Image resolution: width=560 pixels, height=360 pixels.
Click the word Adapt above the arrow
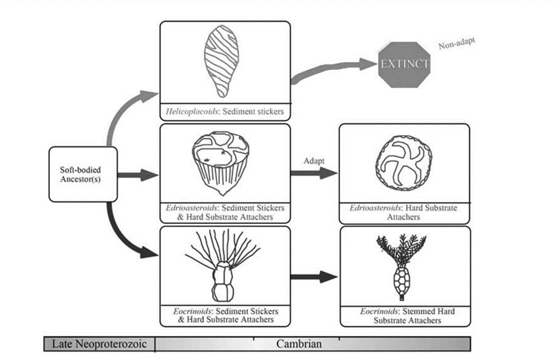tap(314, 159)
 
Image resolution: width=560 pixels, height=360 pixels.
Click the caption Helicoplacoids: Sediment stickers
tap(225, 111)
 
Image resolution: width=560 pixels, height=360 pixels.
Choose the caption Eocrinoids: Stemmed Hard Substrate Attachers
tap(404, 316)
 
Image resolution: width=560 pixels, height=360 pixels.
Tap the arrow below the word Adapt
tap(314, 174)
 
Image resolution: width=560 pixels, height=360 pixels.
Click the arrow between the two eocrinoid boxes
tap(314, 277)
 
